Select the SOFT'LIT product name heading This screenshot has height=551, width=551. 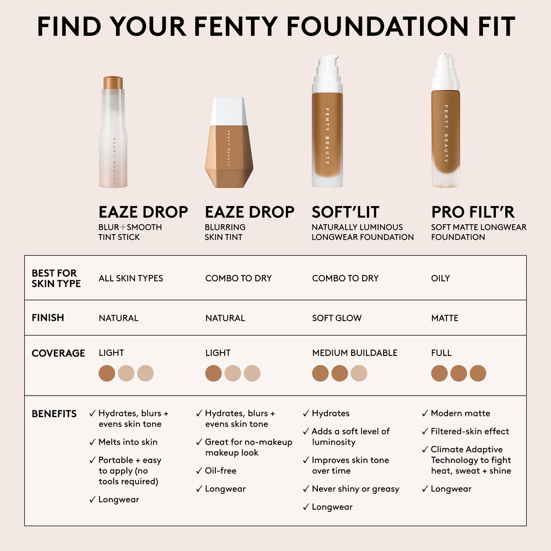pos(345,212)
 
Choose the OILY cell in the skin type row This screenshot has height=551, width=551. pos(440,278)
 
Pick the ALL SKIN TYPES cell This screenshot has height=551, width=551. pos(131,278)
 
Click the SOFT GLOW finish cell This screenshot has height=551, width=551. pos(337,318)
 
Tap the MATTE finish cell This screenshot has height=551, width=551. pos(445,318)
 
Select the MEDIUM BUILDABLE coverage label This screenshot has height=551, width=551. pos(354,353)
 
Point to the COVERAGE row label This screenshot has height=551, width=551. pos(58,353)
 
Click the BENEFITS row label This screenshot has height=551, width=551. pos(54,414)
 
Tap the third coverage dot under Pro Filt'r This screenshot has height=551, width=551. pos(478,373)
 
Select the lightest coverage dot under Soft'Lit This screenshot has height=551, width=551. pos(359,373)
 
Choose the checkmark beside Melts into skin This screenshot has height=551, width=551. pos(93,442)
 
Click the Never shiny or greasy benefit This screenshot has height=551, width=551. pos(355,489)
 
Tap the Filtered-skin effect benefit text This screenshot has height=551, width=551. pos(470,431)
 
